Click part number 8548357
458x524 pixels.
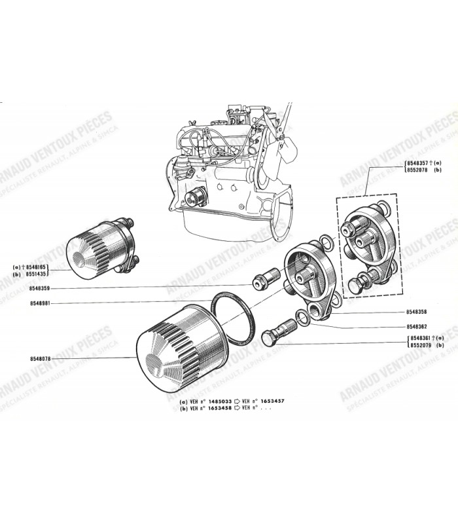[x=419, y=161]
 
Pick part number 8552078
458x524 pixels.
[x=419, y=169]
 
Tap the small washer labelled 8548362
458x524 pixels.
[x=303, y=318]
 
